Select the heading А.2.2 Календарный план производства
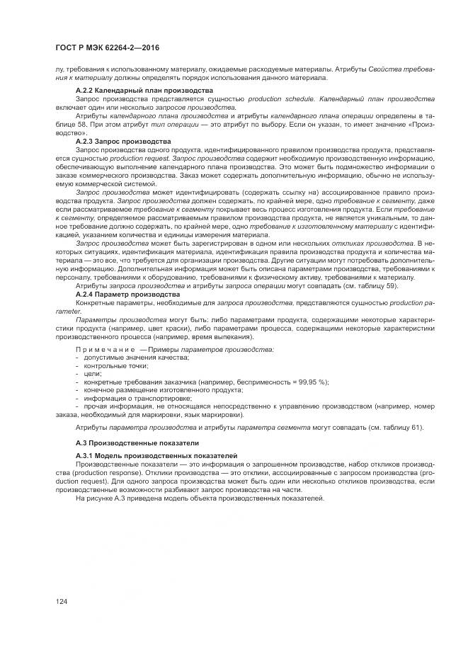pos(144,91)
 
